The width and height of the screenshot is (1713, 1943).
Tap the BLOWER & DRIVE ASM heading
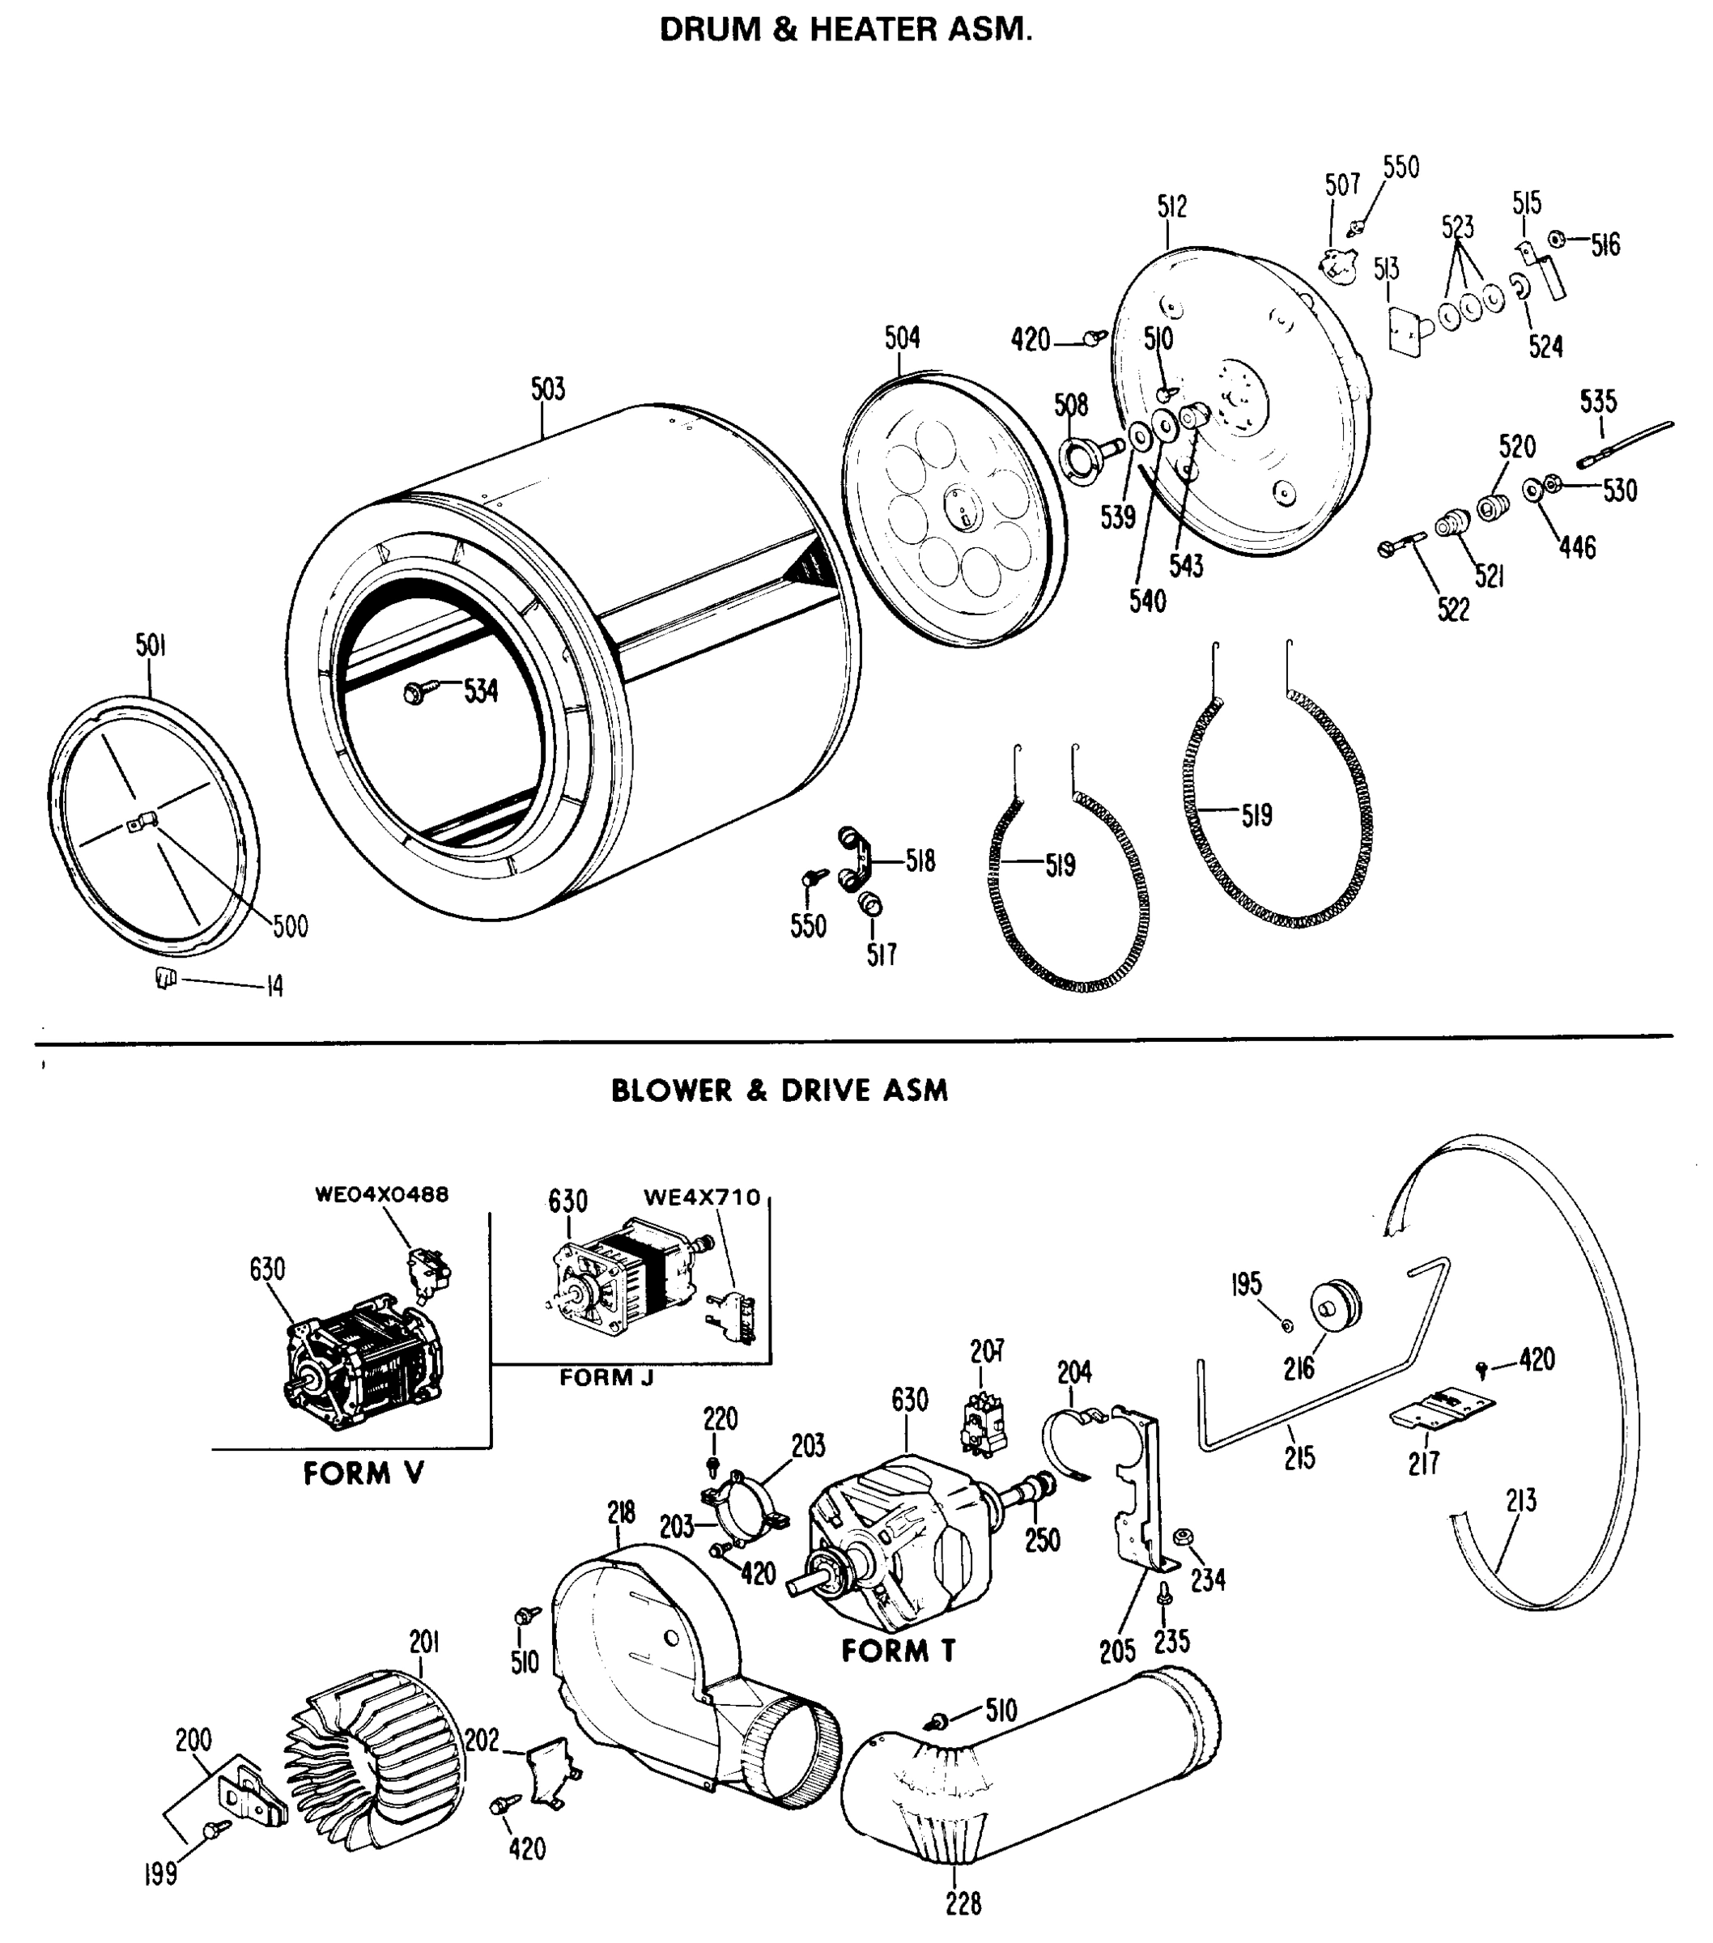coord(779,1091)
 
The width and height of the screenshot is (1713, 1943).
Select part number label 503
coord(547,389)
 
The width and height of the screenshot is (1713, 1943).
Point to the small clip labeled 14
coord(166,977)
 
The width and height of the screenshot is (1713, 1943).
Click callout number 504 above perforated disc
coord(901,338)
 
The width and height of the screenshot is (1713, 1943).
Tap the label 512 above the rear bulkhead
coord(1171,206)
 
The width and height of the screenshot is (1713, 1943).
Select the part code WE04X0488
coord(381,1194)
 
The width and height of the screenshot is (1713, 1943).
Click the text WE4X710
coord(702,1197)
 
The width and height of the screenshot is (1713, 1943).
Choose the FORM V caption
coord(363,1474)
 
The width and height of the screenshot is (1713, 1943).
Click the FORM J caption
coord(606,1377)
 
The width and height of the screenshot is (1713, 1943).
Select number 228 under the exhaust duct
coord(963,1903)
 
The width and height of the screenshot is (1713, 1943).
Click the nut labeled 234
coord(1184,1537)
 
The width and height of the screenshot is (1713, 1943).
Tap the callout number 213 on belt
coord(1520,1501)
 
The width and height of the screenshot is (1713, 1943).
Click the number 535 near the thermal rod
coord(1598,401)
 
